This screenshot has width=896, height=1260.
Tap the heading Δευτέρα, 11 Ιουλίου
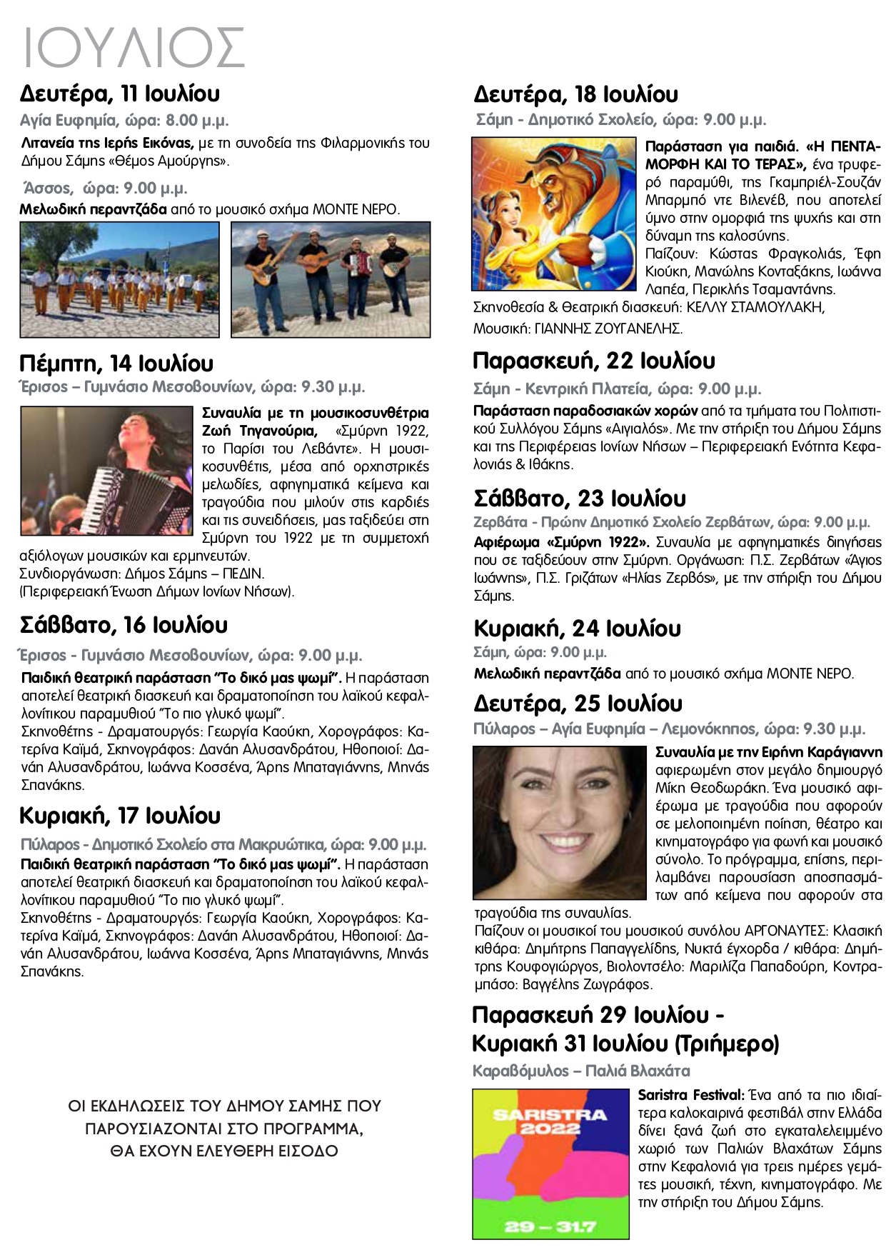pos(120,94)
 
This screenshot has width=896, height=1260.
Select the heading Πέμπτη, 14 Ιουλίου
pos(116,364)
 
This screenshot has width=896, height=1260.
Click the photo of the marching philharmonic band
pos(119,279)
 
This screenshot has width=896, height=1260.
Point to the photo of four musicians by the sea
pos(331,279)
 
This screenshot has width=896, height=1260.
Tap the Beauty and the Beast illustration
pos(553,214)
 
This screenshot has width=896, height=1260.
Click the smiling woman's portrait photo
pos(559,822)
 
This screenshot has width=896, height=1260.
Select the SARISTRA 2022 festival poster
pos(551,1164)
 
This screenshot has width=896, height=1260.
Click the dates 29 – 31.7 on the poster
pos(550,1226)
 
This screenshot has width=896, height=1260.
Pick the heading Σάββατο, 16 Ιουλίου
pos(124,625)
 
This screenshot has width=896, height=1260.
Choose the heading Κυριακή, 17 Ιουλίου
pos(120,816)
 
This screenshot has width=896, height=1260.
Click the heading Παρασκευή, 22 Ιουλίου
pos(594,361)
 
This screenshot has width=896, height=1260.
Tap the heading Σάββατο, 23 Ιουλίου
pos(580,498)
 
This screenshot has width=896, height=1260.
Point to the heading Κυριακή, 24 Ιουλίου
pos(577,629)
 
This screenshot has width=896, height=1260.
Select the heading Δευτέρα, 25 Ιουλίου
pos(578,704)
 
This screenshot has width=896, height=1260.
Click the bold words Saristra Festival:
pos(691,1095)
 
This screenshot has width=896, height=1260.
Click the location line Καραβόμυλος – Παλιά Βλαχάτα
pos(581,1071)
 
